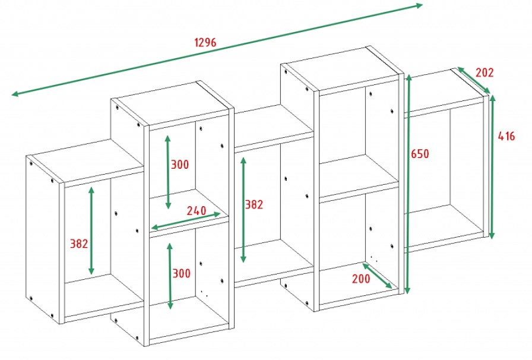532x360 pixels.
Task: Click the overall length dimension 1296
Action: [x=205, y=43]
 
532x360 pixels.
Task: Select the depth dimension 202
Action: [x=484, y=73]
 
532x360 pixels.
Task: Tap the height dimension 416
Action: [x=506, y=136]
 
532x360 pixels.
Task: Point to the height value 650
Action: [x=420, y=154]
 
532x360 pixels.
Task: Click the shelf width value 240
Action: [x=197, y=210]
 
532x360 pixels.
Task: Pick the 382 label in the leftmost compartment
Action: [x=79, y=244]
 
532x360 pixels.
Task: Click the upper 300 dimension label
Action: [x=181, y=165]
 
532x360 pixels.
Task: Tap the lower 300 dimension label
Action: [x=182, y=273]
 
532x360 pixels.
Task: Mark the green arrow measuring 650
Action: [x=407, y=184]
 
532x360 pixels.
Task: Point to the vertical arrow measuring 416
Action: [x=492, y=166]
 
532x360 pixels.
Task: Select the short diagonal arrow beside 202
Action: [x=473, y=80]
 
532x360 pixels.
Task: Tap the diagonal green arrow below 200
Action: [x=376, y=276]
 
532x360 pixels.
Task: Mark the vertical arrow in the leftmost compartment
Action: [x=91, y=230]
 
